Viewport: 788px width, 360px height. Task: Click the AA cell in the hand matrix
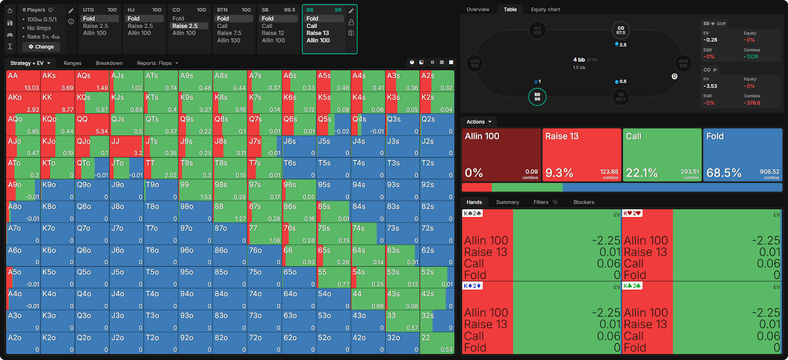point(23,81)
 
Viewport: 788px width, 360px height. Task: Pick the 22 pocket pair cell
point(437,343)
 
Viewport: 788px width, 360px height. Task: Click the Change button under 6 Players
point(41,47)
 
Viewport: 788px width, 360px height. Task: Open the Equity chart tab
point(545,9)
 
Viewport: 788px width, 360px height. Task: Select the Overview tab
point(478,9)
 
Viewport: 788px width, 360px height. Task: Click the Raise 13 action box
point(582,155)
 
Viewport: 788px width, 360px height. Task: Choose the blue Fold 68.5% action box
point(742,155)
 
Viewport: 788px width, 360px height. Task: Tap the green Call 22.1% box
point(662,155)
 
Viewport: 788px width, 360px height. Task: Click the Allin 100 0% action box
point(501,155)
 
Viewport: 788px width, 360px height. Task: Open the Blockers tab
point(584,202)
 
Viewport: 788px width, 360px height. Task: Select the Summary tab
point(507,202)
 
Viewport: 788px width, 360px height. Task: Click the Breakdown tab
point(109,63)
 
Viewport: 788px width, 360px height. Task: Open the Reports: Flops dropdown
point(157,63)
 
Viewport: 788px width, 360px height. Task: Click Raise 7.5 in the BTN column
point(229,33)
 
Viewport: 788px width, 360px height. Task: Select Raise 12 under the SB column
point(273,33)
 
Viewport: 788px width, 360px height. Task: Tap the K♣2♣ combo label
point(632,286)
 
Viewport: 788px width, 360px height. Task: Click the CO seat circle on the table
point(620,30)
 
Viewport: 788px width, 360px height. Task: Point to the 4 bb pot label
point(579,60)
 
